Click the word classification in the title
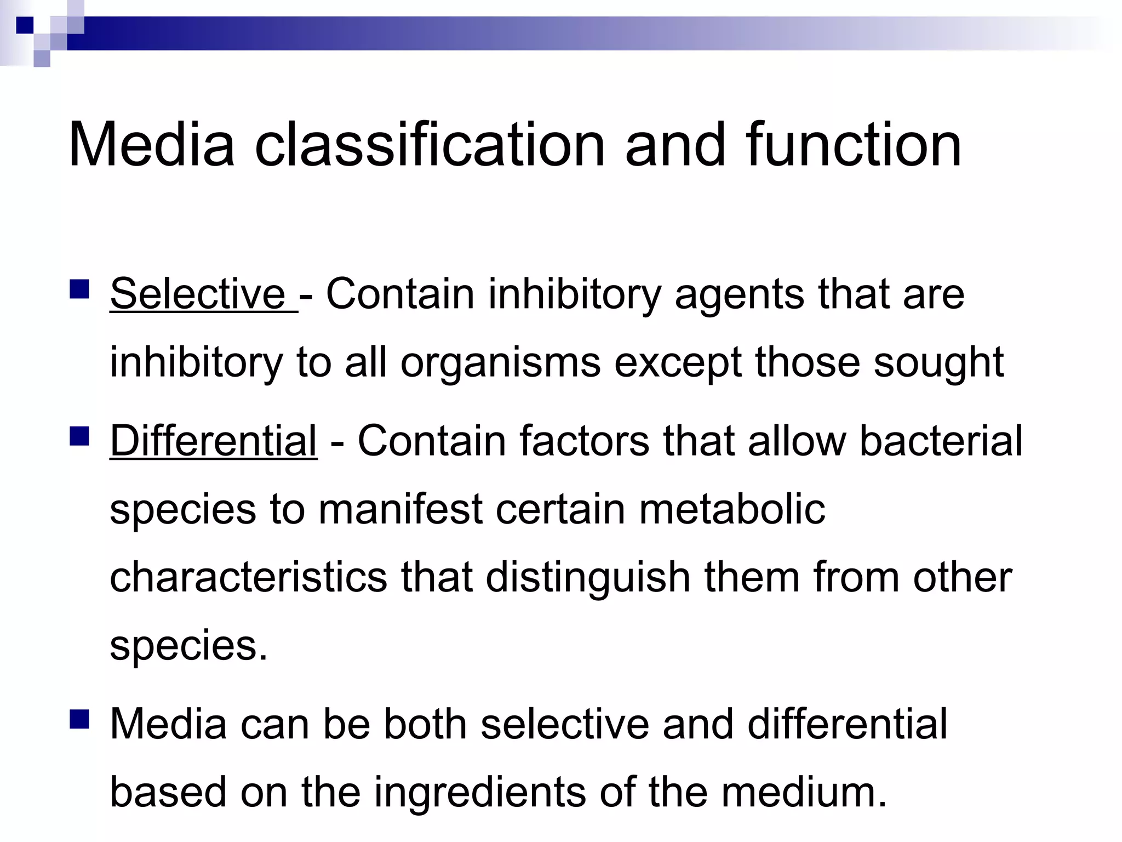[430, 145]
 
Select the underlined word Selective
[197, 294]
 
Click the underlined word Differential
[214, 441]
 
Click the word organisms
[500, 363]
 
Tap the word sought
[938, 363]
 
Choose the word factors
[584, 441]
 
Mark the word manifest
[400, 509]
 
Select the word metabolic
[732, 509]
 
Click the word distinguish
[588, 578]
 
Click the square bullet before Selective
[80, 289]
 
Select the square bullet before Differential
[80, 437]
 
